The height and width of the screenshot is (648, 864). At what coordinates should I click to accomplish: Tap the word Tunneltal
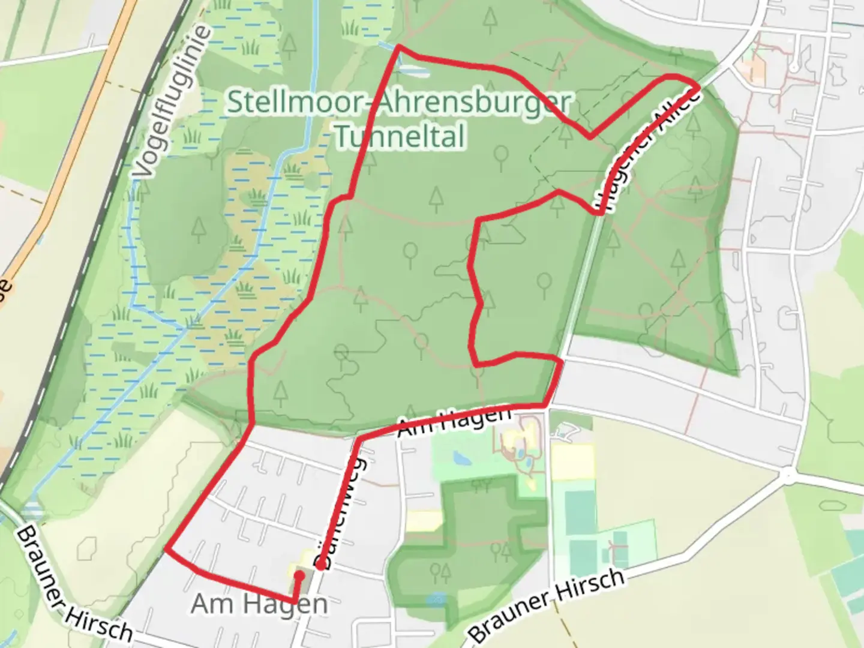[x=400, y=136]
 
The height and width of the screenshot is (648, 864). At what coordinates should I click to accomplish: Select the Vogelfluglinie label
[x=173, y=102]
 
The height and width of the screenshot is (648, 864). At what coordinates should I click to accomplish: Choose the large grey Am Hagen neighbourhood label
[x=259, y=604]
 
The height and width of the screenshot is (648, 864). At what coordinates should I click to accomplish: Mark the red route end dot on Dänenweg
[x=322, y=565]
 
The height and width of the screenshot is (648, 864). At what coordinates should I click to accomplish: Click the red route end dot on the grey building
[x=298, y=575]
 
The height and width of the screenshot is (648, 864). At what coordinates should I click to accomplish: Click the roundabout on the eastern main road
[x=788, y=475]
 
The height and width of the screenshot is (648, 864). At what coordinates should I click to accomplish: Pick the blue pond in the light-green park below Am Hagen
[x=461, y=459]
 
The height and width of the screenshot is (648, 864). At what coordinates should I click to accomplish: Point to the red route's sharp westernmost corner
[x=166, y=549]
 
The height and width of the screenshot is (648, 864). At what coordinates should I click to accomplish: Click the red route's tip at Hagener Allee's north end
[x=696, y=87]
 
